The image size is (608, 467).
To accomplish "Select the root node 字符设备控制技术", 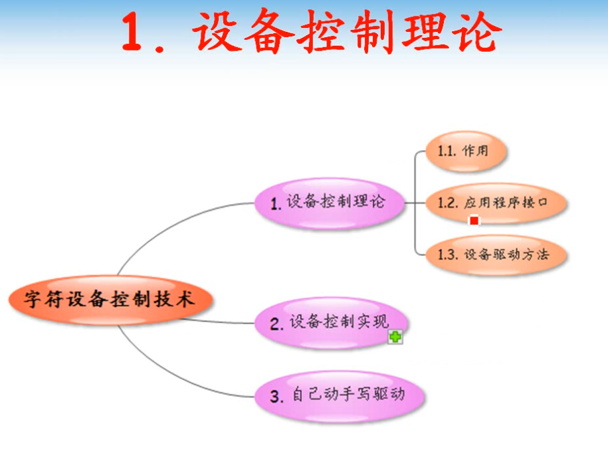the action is (x=111, y=300).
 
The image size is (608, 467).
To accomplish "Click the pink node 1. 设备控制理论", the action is (x=330, y=203).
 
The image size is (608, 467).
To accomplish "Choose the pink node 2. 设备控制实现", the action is (x=331, y=322).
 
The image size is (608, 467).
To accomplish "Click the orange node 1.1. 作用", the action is (x=466, y=151).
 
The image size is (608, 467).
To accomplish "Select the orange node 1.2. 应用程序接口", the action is (x=496, y=203).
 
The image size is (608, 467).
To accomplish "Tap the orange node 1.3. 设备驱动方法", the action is (x=496, y=255).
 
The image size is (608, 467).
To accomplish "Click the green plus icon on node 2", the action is (x=395, y=337).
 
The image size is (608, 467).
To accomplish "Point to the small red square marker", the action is (x=474, y=220).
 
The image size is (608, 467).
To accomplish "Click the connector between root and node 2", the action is (x=219, y=322).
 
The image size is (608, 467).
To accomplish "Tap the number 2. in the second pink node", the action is (x=277, y=324).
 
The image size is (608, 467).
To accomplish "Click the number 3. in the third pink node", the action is (x=277, y=397).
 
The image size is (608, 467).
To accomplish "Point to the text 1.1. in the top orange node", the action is (x=447, y=151).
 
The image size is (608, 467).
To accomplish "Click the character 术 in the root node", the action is (x=185, y=299).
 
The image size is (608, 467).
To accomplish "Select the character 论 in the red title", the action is (x=480, y=32).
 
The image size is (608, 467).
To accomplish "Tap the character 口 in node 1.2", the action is (x=542, y=203).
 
